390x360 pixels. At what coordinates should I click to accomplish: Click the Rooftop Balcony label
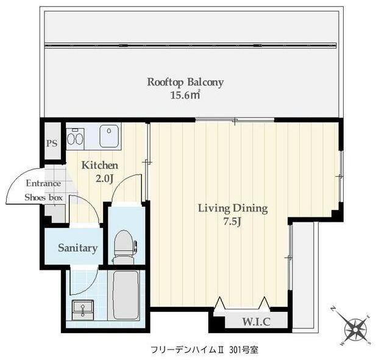coord(185,82)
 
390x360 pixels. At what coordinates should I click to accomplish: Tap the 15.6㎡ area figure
coord(185,95)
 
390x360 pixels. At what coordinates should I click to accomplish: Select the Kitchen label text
coord(100,166)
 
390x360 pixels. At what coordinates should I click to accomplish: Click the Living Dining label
coord(233,208)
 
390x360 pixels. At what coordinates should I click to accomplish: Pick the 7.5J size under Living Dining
coord(233,221)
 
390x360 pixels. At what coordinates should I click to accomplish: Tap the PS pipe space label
coord(51,144)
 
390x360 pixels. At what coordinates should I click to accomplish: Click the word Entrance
coord(43,183)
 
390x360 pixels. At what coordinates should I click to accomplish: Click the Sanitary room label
coord(77,248)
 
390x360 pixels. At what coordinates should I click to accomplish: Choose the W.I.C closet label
coord(257,321)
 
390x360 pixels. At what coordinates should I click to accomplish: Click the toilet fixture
coord(124,245)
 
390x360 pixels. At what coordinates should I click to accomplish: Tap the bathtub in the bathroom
coord(125,295)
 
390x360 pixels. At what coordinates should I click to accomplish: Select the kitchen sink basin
coord(110,135)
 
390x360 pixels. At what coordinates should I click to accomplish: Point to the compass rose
coord(355,329)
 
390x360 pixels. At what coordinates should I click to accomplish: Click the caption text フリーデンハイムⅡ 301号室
coord(204,350)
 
